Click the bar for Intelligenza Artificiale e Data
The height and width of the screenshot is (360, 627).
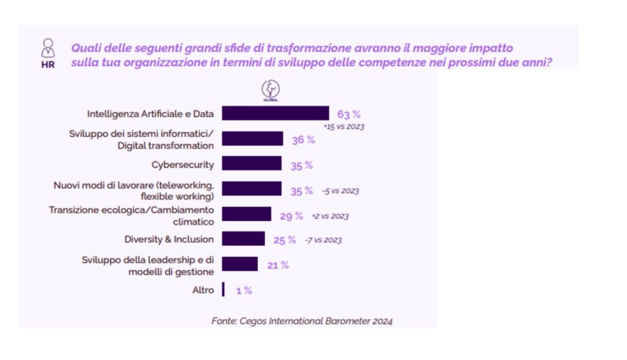click(x=275, y=113)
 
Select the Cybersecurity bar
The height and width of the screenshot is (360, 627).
click(x=252, y=163)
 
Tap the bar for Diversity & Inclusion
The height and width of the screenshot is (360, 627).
click(x=243, y=239)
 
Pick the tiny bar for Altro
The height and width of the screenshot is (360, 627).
click(x=223, y=290)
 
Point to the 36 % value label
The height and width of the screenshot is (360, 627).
click(x=302, y=140)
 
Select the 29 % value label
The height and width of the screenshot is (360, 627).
click(x=291, y=216)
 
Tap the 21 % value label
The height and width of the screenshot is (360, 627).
click(x=277, y=265)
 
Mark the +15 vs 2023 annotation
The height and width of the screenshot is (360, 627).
click(x=344, y=126)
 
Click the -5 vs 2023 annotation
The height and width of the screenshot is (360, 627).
click(x=340, y=191)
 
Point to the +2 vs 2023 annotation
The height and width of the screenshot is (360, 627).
click(x=330, y=216)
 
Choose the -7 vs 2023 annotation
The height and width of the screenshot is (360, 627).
click(x=323, y=240)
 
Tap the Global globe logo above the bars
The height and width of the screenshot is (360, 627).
click(x=270, y=91)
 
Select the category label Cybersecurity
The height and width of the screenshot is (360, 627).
click(x=182, y=164)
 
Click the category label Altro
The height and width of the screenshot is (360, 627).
click(x=203, y=290)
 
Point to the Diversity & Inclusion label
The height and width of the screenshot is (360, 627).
click(x=169, y=239)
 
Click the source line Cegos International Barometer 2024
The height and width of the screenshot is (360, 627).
click(x=302, y=320)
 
